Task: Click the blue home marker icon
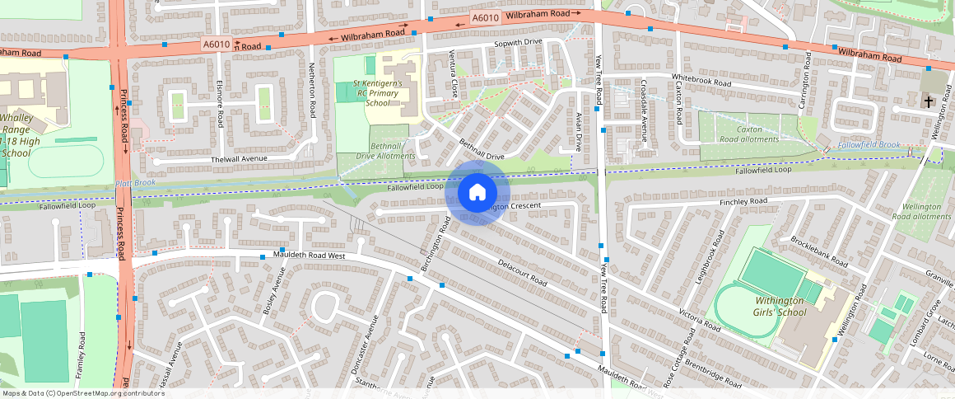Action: (477, 193)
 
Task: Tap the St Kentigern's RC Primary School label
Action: (377, 93)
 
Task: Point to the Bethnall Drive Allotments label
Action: (385, 150)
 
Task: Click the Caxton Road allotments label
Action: (748, 134)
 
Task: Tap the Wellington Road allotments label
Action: (922, 211)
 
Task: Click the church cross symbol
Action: (929, 101)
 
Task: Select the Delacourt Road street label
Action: (522, 272)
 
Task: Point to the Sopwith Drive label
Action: (518, 42)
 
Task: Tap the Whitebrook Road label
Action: (701, 82)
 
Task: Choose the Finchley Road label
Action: (743, 201)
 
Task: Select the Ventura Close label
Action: (454, 73)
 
